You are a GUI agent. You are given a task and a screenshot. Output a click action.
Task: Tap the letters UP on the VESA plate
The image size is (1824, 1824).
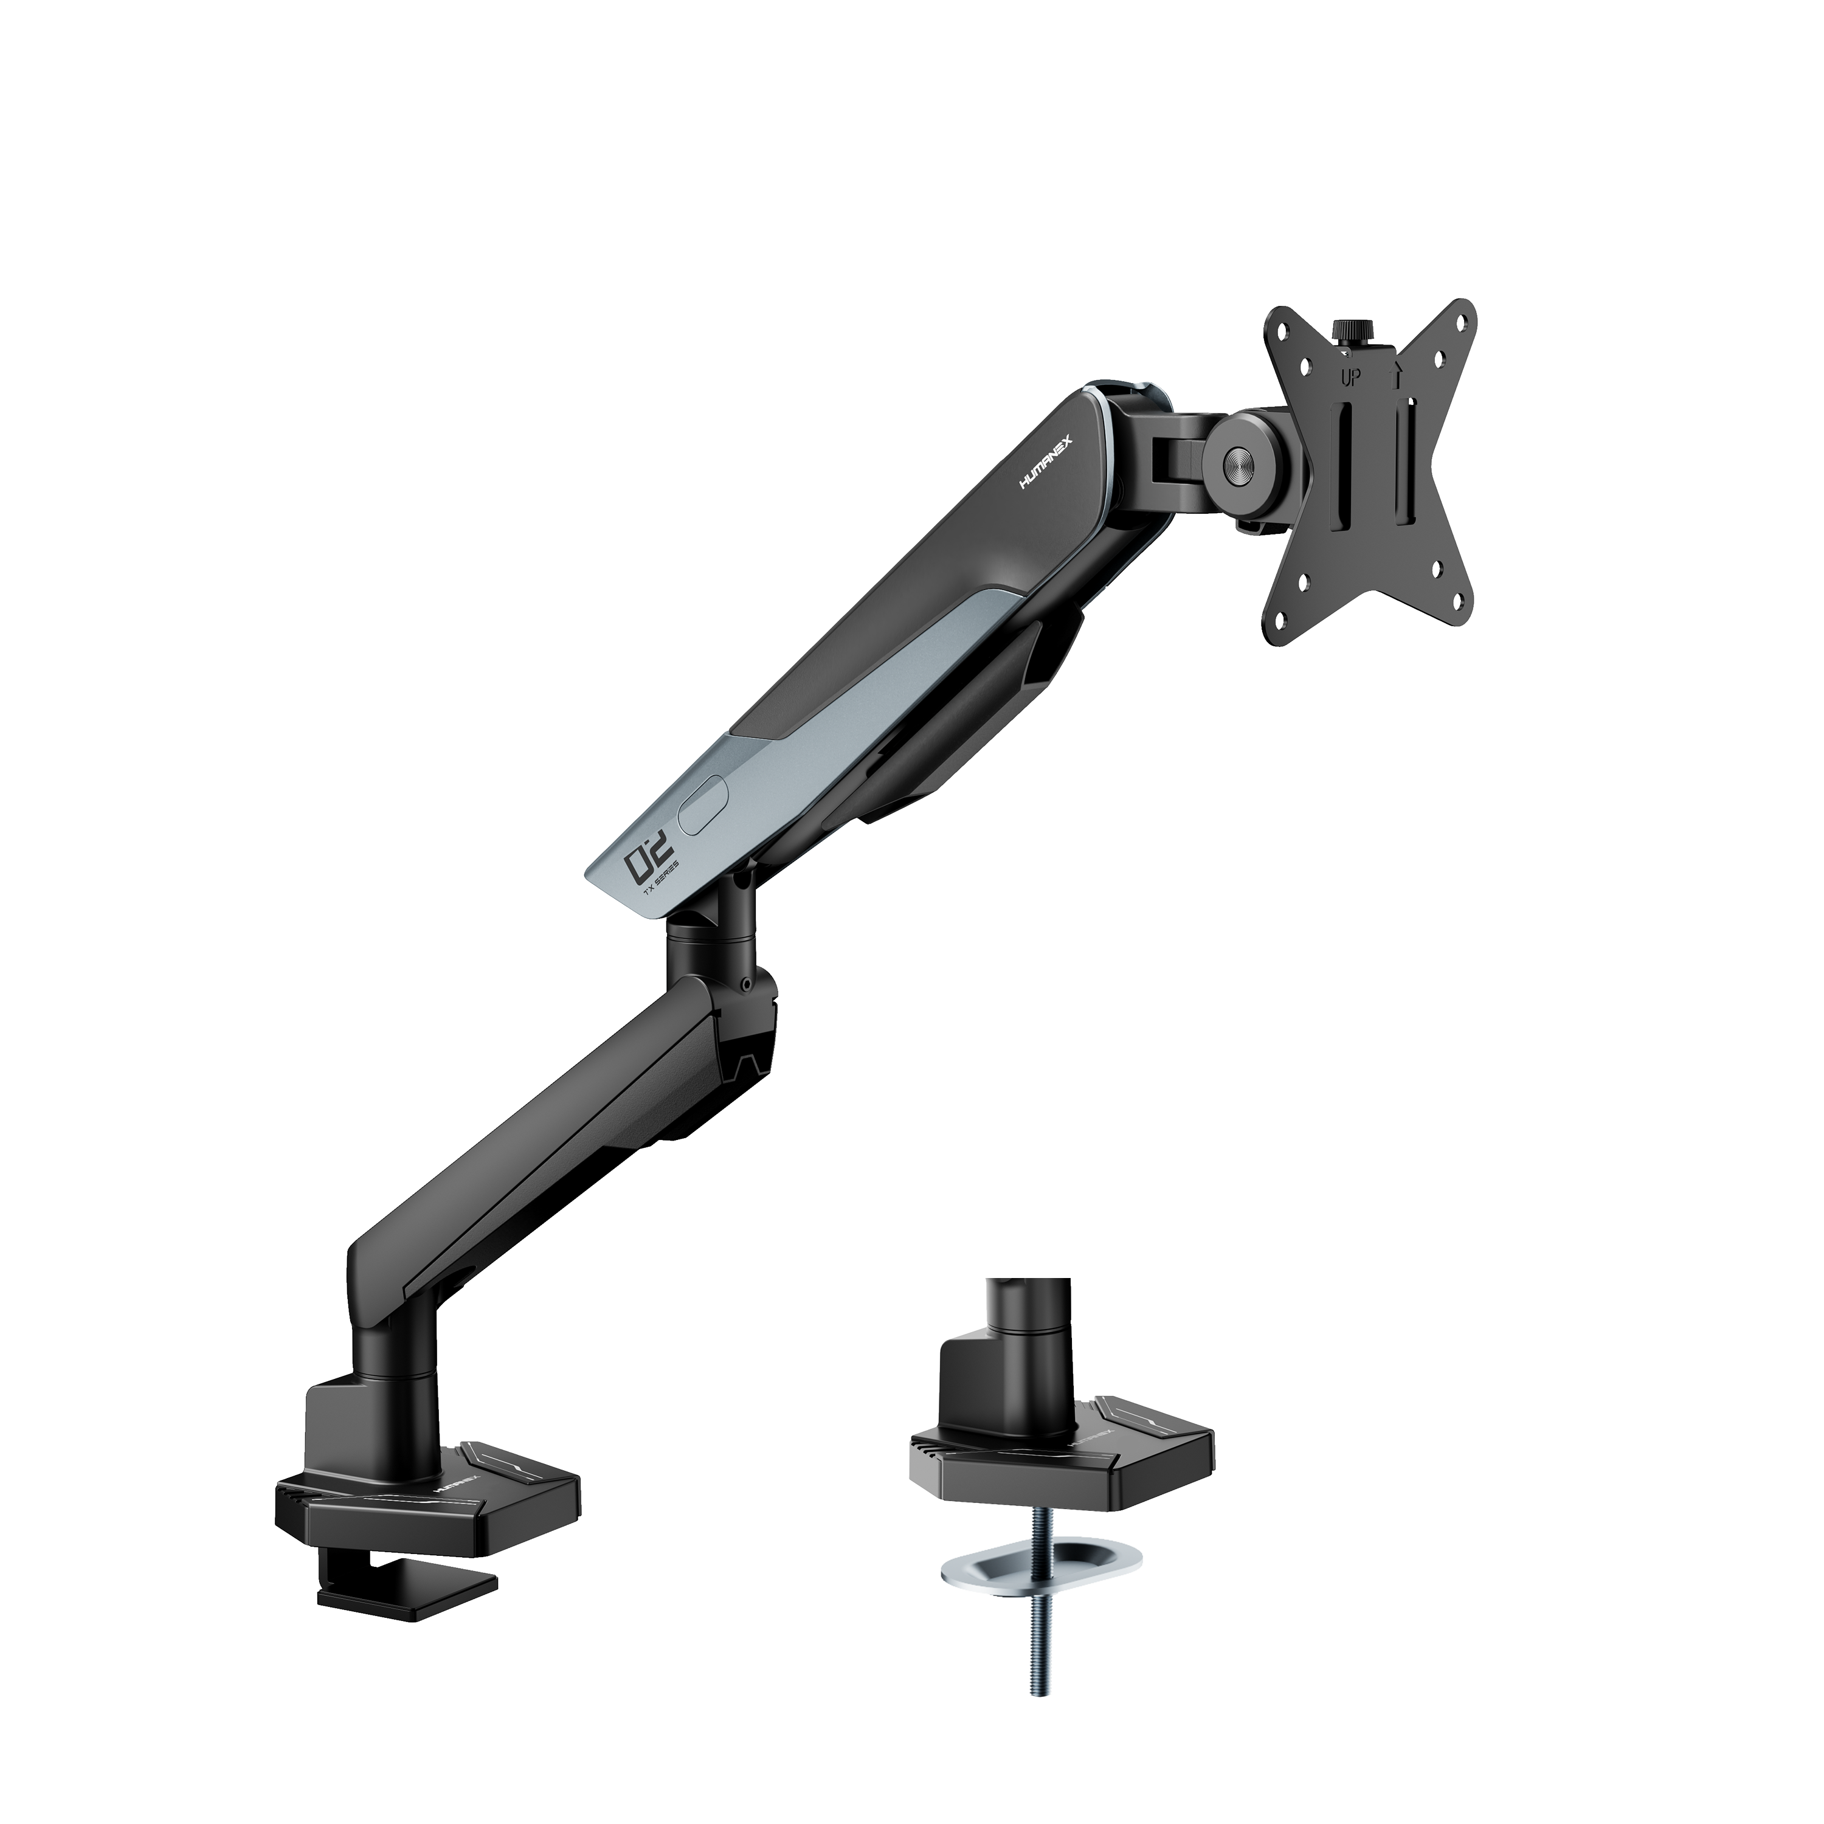pyautogui.click(x=1352, y=378)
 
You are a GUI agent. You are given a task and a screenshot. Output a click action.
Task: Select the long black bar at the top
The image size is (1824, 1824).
pyautogui.click(x=591, y=80)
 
